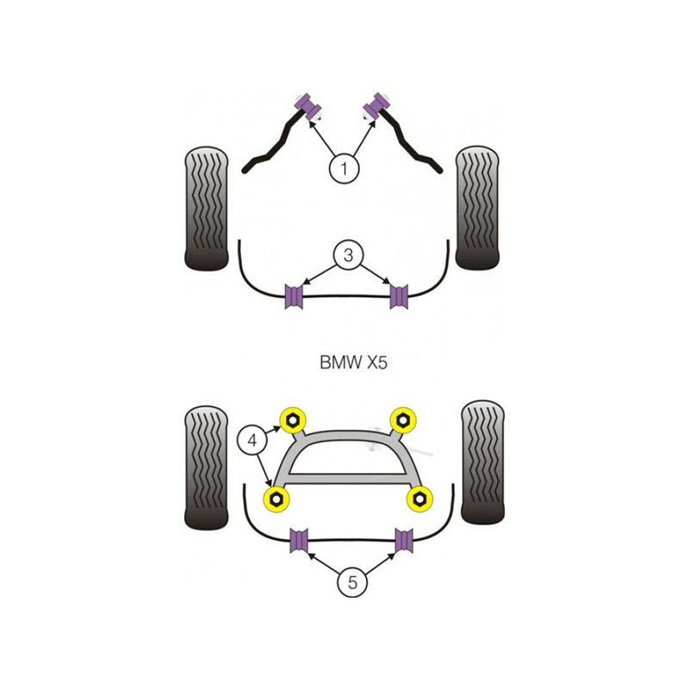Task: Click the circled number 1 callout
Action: [x=344, y=168]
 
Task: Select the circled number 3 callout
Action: [x=349, y=254]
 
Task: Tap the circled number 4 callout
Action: [x=252, y=440]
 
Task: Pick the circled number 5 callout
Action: [x=352, y=582]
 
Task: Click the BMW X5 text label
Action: [x=354, y=363]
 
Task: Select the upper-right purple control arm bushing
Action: [x=376, y=106]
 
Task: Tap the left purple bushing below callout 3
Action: [x=294, y=296]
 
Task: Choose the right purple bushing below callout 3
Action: [x=399, y=296]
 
